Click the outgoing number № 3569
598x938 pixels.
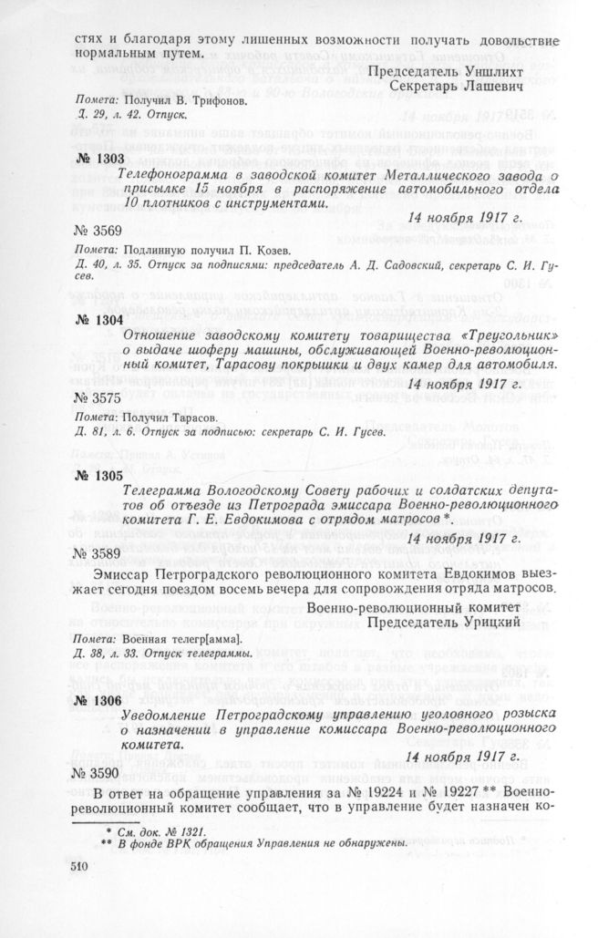[x=98, y=231]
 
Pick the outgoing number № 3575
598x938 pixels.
[x=98, y=397]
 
